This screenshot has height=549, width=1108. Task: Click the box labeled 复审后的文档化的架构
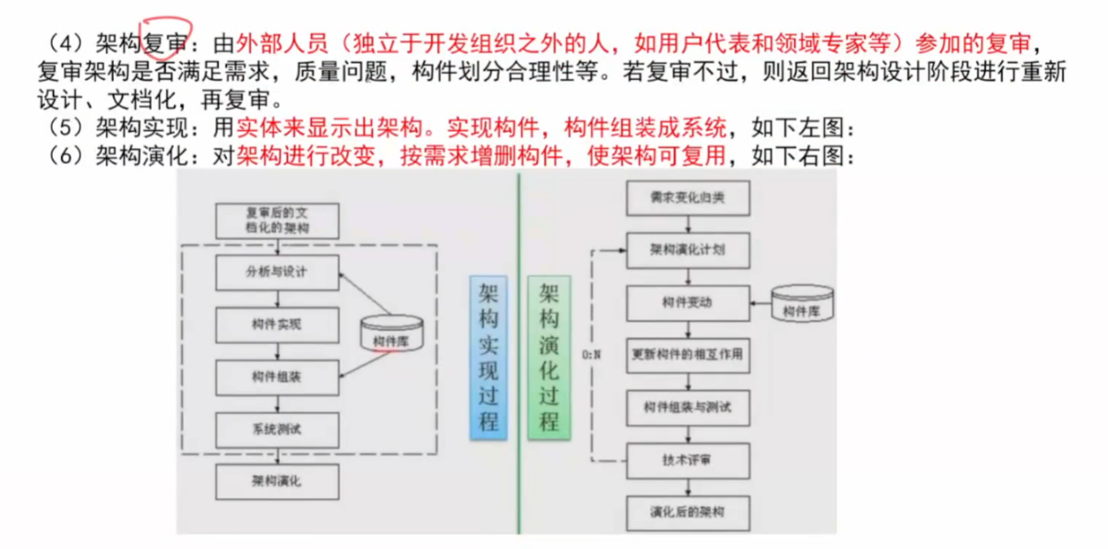(277, 220)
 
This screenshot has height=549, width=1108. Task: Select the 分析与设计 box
(277, 272)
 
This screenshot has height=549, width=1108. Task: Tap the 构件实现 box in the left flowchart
(277, 324)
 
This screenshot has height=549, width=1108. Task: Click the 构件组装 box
(277, 377)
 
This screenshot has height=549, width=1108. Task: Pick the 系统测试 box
(277, 429)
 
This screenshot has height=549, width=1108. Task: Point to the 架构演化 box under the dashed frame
(277, 481)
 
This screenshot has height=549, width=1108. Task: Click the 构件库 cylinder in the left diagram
(392, 333)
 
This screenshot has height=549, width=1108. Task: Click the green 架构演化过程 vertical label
(550, 357)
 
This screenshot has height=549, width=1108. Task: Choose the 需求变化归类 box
(688, 198)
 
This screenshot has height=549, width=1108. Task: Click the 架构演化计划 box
(688, 250)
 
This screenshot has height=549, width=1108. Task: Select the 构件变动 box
(688, 303)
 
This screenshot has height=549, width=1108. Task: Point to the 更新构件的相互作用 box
(688, 355)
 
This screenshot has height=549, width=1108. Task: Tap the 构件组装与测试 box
(688, 407)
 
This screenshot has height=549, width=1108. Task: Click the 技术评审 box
(688, 460)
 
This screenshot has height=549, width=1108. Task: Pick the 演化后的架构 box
(688, 512)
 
